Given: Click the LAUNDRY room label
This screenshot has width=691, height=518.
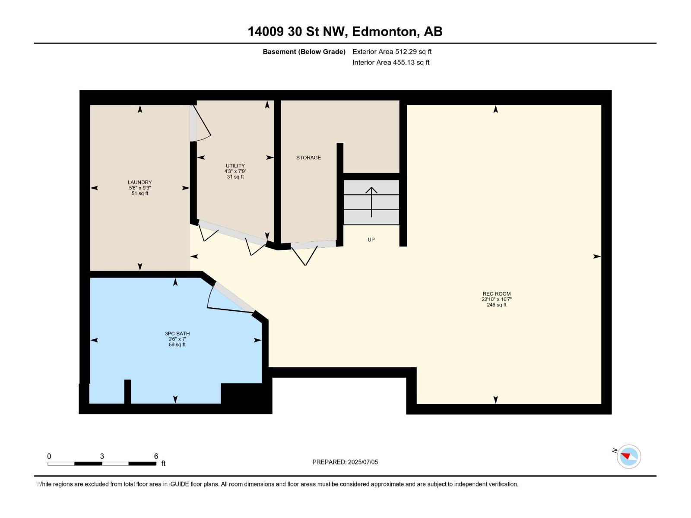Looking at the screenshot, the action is pyautogui.click(x=140, y=182).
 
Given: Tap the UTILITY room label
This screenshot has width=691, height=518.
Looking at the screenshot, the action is pyautogui.click(x=235, y=166).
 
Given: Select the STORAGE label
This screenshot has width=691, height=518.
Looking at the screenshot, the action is pyautogui.click(x=308, y=158).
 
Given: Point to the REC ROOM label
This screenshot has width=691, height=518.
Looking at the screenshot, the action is pyautogui.click(x=497, y=294).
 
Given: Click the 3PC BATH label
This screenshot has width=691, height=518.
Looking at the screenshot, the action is pyautogui.click(x=177, y=334).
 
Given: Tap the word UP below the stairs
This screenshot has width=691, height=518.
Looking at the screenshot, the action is pyautogui.click(x=371, y=240).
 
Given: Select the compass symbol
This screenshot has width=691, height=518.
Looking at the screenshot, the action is pyautogui.click(x=629, y=456).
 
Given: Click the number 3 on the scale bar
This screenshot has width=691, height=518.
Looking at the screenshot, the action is pyautogui.click(x=102, y=456).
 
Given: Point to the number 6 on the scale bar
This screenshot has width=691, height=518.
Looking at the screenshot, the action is pyautogui.click(x=156, y=456).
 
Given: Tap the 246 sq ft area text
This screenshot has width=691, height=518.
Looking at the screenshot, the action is pyautogui.click(x=497, y=305).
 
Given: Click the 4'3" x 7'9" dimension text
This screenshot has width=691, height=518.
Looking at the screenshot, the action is pyautogui.click(x=235, y=171).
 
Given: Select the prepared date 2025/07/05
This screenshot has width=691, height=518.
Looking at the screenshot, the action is pyautogui.click(x=363, y=462).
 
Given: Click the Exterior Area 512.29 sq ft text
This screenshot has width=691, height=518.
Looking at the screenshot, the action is pyautogui.click(x=392, y=51).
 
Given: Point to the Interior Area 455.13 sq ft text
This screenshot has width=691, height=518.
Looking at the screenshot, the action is pyautogui.click(x=391, y=62).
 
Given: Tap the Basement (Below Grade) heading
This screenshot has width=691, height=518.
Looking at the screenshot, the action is pyautogui.click(x=304, y=51).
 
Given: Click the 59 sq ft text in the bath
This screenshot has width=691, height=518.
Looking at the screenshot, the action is pyautogui.click(x=177, y=345).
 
